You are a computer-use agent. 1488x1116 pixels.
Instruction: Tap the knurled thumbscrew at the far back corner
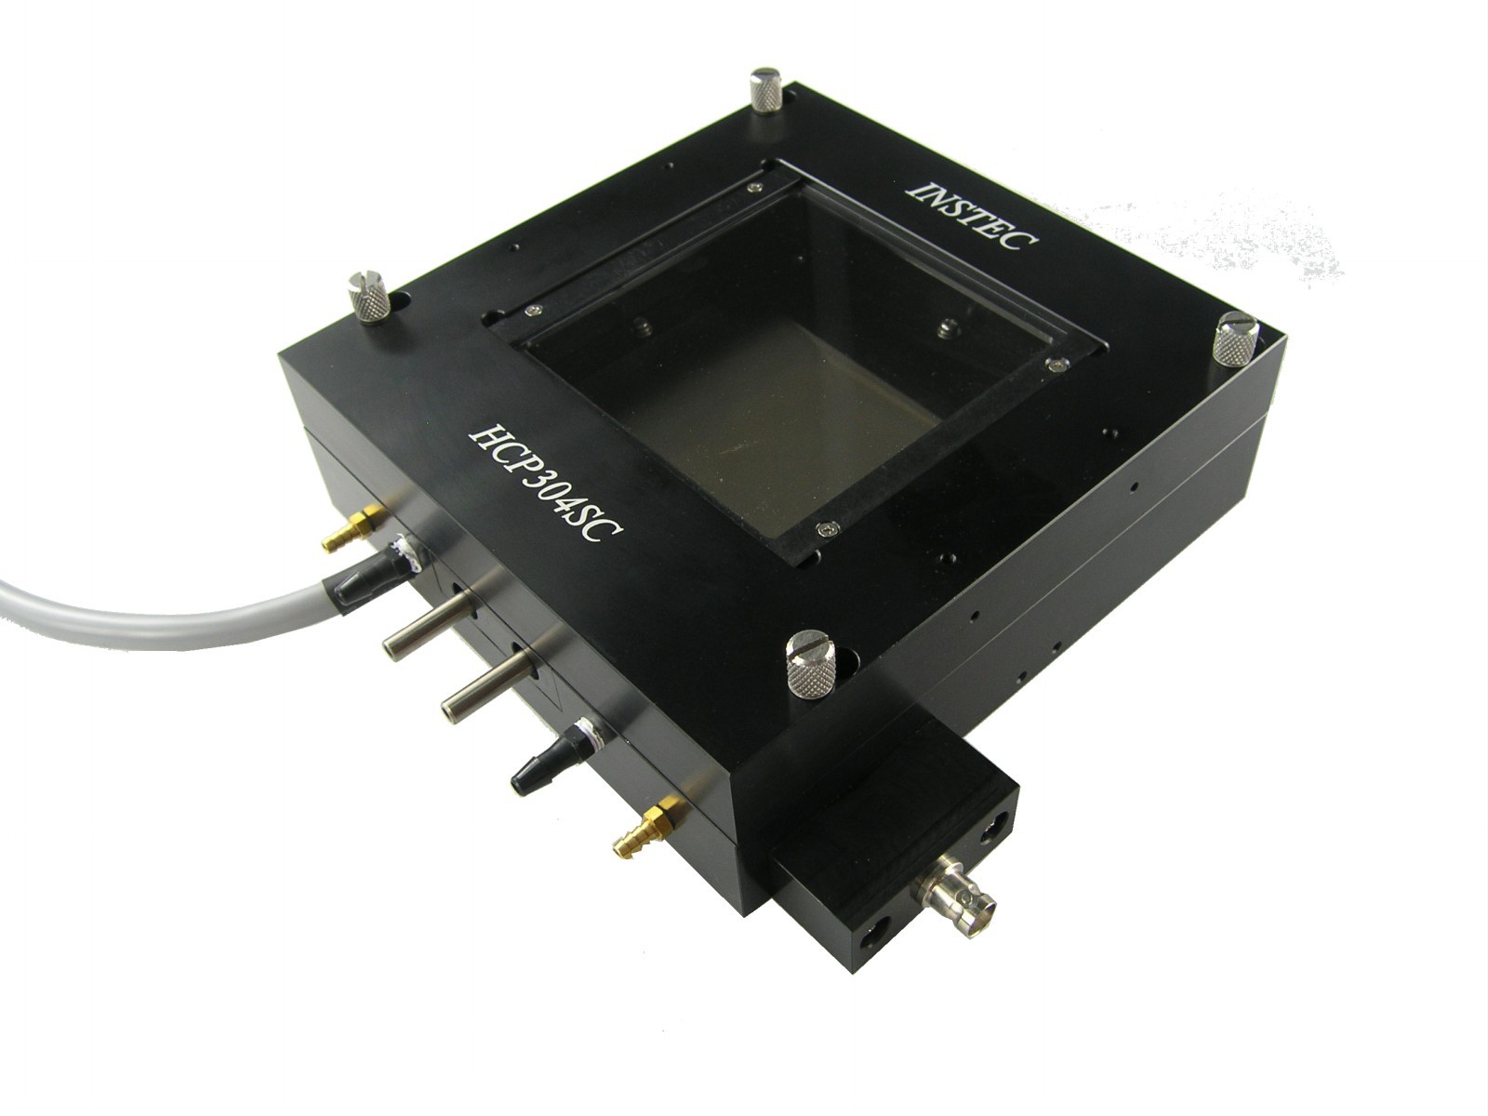(765, 91)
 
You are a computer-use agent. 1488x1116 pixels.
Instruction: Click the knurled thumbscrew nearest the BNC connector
(812, 663)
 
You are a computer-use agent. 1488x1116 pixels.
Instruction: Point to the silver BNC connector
(955, 897)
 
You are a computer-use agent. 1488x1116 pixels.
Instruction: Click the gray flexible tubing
(169, 612)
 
